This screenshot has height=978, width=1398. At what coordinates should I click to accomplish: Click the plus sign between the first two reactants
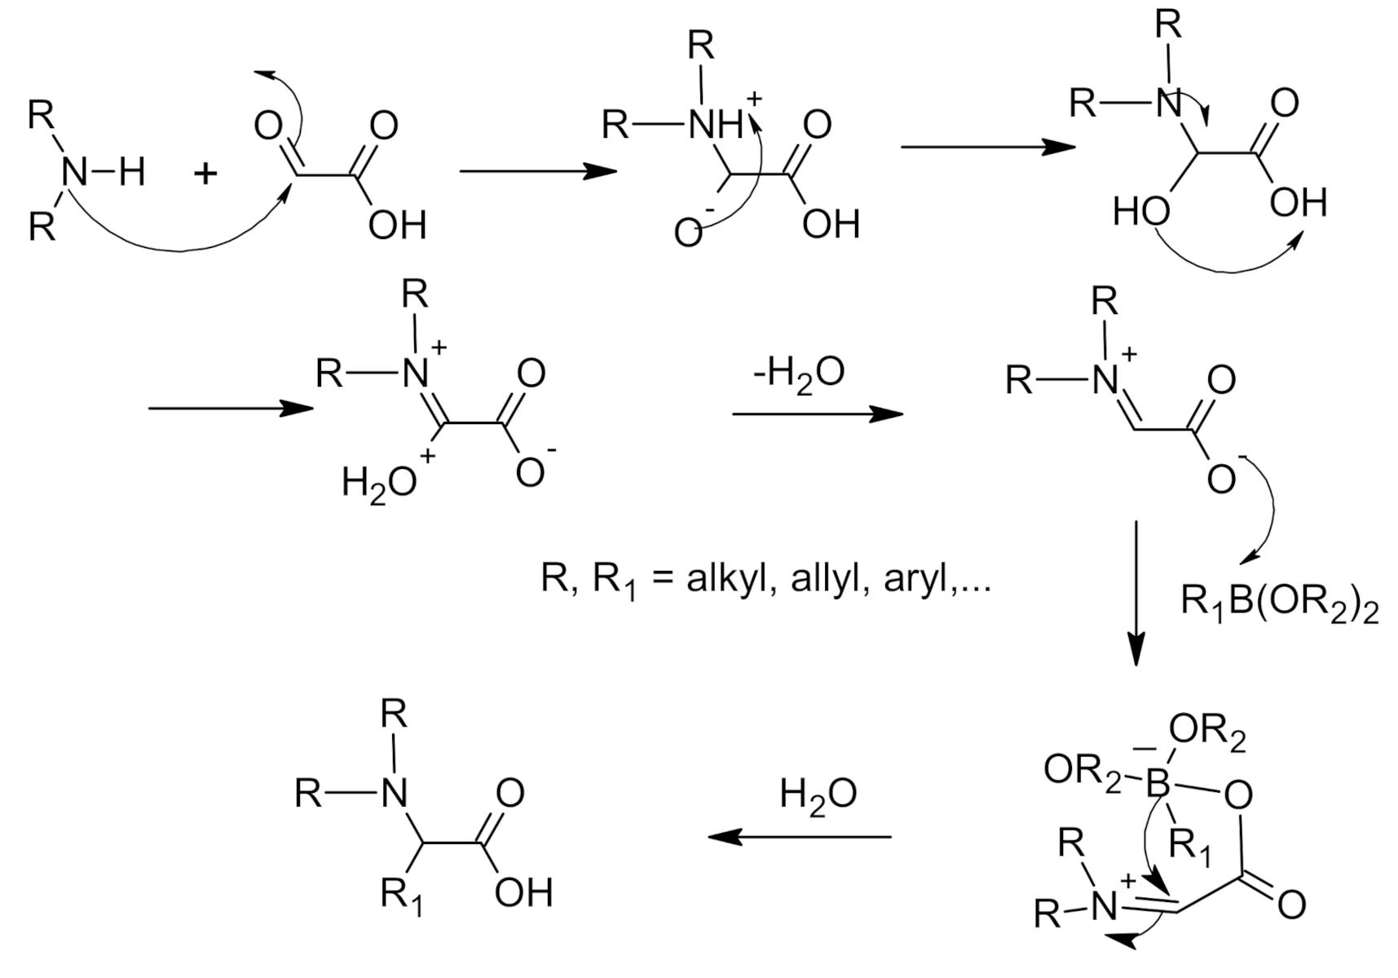(205, 173)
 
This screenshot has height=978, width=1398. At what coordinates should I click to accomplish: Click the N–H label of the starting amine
(102, 172)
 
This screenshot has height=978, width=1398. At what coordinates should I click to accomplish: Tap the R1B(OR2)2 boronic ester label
(1279, 604)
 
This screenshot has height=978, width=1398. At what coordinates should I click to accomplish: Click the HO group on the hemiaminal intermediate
(1141, 214)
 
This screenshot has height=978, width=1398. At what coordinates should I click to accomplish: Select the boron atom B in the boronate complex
(1158, 785)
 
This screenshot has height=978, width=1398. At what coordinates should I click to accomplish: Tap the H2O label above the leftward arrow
(818, 794)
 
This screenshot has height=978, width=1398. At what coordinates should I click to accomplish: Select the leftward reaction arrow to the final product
(799, 837)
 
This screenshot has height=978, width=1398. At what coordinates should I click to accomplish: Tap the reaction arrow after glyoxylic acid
(537, 171)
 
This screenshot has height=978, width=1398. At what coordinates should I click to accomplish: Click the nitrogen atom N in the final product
(395, 792)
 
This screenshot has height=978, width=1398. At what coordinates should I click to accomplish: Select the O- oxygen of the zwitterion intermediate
(689, 233)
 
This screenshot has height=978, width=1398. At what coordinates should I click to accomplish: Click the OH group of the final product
(523, 892)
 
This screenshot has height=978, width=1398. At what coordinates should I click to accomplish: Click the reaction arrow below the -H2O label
(817, 414)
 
